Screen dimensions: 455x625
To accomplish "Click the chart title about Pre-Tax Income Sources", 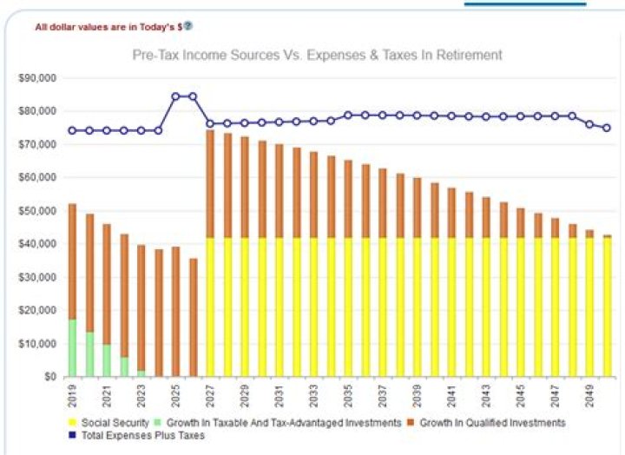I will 317,55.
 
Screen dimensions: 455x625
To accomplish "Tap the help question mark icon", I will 188,25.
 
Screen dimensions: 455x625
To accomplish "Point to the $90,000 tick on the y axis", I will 37,78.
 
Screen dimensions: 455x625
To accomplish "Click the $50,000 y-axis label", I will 37,211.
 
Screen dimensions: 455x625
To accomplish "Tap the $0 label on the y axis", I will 49,377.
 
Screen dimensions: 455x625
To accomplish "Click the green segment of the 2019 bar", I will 72,348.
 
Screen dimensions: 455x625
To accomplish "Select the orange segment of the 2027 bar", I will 210,183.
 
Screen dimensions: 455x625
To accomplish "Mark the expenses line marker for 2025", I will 175,96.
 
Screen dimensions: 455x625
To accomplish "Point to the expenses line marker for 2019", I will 72,130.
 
